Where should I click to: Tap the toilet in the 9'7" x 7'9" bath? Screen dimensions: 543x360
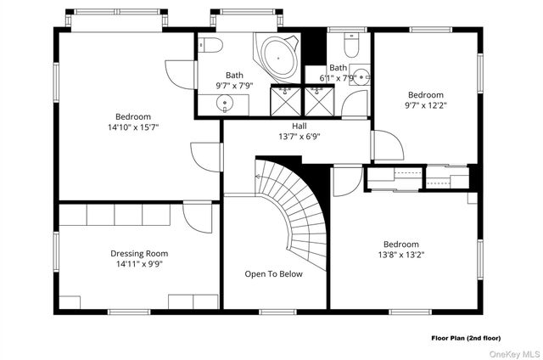tap(210, 45)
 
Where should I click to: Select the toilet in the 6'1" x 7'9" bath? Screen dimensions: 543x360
tap(351, 45)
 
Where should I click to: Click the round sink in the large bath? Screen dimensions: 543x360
tap(225, 104)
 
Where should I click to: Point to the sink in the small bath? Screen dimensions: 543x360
tap(362, 76)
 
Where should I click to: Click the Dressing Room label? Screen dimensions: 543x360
tap(139, 253)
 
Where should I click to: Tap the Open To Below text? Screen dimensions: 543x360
tap(273, 274)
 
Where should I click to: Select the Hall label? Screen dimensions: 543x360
tap(299, 126)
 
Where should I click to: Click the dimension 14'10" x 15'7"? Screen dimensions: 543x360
tap(133, 127)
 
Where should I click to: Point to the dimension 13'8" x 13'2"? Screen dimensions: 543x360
tap(401, 255)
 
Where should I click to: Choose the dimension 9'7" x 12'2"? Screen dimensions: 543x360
tap(426, 105)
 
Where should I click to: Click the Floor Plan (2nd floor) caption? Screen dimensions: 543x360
tap(466, 338)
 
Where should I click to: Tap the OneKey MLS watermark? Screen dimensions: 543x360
tap(515, 354)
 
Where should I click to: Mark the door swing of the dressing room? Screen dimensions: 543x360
tap(198, 217)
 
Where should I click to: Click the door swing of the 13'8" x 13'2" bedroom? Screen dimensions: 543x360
tap(347, 182)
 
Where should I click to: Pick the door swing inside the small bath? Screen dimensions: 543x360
tap(355, 104)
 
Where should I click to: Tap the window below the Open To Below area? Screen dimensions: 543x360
tap(277, 312)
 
